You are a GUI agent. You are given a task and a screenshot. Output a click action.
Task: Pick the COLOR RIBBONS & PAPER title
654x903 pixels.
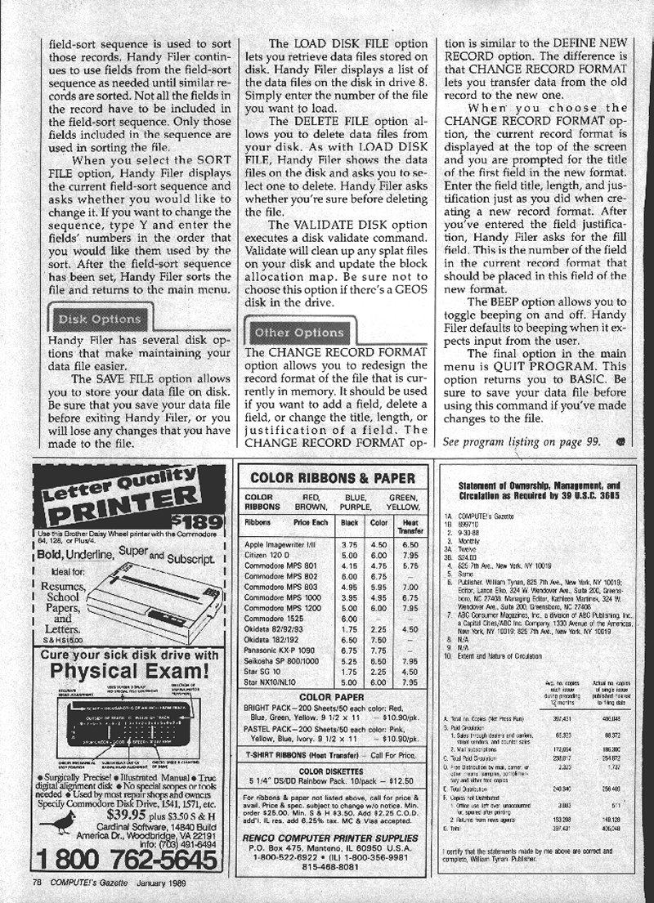click(x=328, y=478)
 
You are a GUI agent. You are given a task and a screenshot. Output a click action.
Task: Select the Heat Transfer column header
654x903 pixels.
click(x=410, y=525)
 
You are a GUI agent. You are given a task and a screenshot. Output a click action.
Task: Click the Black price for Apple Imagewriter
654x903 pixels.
click(x=350, y=544)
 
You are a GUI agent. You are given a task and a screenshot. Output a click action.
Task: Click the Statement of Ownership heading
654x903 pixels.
click(x=540, y=490)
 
